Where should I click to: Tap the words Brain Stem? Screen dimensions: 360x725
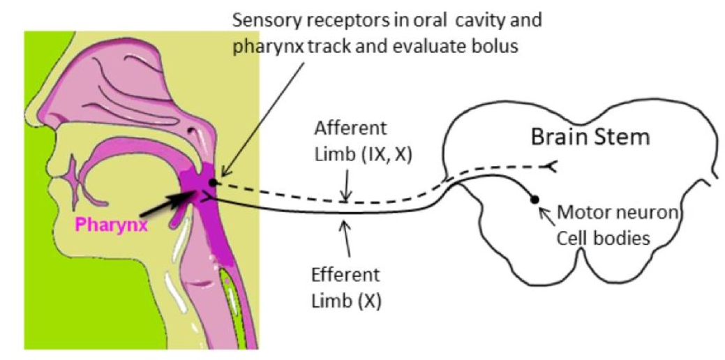tap(590, 136)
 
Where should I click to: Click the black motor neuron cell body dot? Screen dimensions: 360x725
tap(535, 200)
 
